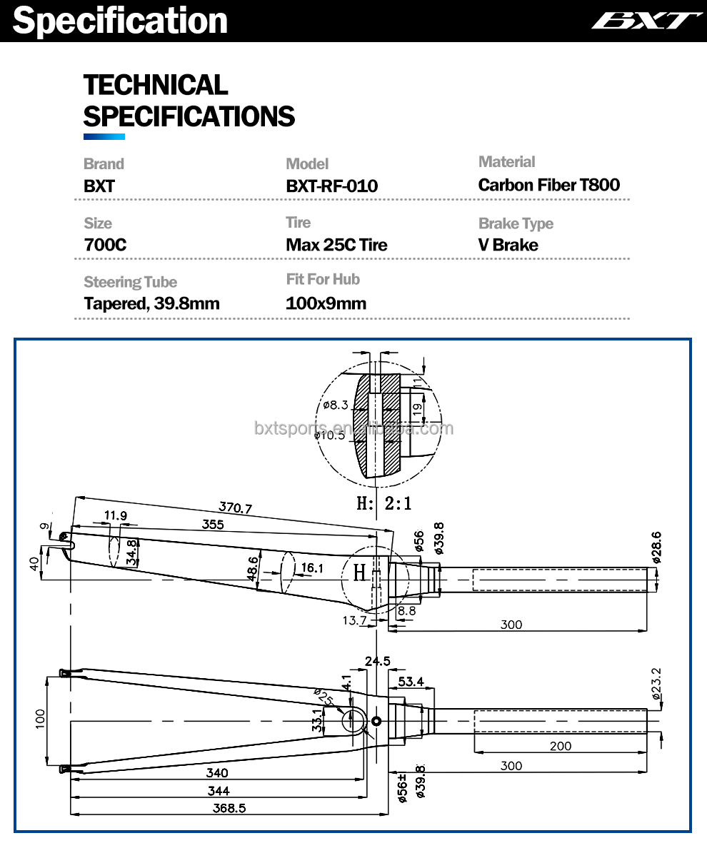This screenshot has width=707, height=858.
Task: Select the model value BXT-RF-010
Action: (331, 186)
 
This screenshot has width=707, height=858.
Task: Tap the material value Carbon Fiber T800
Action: (548, 185)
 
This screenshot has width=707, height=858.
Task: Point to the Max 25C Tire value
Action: (336, 245)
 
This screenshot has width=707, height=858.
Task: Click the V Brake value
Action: (508, 245)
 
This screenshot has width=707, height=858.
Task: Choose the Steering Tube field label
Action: (130, 282)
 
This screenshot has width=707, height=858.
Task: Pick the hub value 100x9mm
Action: (326, 303)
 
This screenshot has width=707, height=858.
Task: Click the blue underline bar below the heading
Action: (104, 136)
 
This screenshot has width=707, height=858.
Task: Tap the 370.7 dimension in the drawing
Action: (235, 508)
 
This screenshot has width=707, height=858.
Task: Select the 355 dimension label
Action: (212, 525)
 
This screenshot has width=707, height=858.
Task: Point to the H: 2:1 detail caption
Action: (384, 503)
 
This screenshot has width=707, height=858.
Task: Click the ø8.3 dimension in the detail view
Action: (335, 405)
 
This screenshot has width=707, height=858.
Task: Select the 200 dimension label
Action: (561, 746)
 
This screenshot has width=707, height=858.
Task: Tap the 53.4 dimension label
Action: (411, 682)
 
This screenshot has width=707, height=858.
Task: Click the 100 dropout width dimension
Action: (40, 717)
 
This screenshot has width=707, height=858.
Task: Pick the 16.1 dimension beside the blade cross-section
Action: (312, 568)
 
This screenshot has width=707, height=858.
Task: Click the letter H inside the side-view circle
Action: (359, 572)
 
